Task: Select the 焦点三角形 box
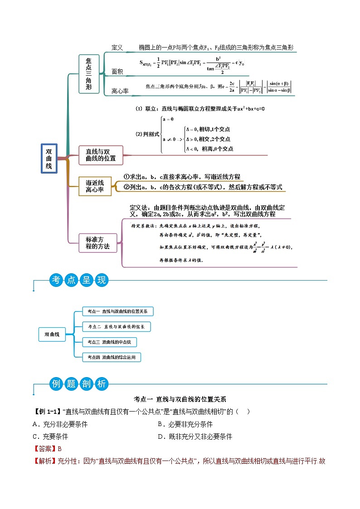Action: coord(88,73)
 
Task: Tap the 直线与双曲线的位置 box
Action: coord(101,155)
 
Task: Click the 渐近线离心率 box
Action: coord(95,186)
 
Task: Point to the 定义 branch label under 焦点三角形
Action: coord(117,48)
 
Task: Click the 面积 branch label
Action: coord(117,72)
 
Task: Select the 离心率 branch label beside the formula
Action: coord(120,91)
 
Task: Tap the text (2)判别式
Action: coord(148,134)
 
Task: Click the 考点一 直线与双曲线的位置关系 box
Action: coord(118,311)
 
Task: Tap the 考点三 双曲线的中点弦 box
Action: coord(109,342)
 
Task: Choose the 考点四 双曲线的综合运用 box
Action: coord(112,357)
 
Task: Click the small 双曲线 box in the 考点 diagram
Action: coord(52,334)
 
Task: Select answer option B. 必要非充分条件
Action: coord(185,424)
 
